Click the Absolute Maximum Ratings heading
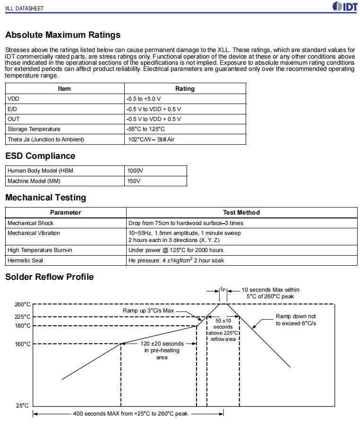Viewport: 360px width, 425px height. [63, 35]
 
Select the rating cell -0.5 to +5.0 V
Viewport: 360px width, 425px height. [144, 99]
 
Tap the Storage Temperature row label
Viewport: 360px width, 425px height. [34, 129]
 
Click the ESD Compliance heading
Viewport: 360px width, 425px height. [40, 156]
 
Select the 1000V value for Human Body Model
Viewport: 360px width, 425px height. [134, 171]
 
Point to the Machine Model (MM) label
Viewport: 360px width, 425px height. [34, 181]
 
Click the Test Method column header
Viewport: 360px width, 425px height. [241, 213]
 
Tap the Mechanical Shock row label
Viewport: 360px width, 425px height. [31, 223]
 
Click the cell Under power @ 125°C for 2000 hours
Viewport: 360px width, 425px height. [176, 250]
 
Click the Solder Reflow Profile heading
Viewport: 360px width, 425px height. [50, 277]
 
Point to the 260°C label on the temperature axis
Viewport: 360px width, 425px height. [22, 304]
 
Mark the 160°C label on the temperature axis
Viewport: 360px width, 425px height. [22, 344]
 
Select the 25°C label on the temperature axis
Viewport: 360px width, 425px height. [22, 406]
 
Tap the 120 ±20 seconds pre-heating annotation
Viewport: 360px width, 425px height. [162, 350]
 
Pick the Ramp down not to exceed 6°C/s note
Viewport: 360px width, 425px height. [296, 320]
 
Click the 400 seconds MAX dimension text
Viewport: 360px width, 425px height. [130, 414]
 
